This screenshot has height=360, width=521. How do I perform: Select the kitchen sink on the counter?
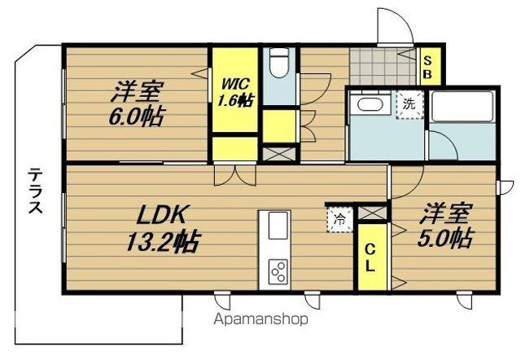(x=275, y=225)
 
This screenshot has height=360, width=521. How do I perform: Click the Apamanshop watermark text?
(x=260, y=319)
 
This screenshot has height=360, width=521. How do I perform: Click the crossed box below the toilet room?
(x=278, y=152)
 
